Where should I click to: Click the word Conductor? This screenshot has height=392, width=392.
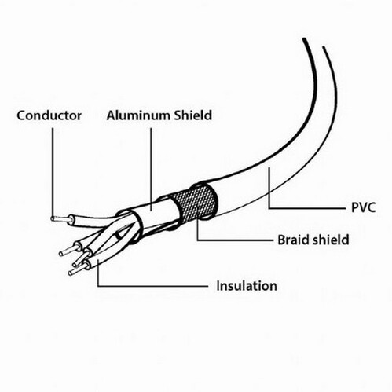click(x=49, y=115)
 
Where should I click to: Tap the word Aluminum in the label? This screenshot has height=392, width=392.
click(x=139, y=115)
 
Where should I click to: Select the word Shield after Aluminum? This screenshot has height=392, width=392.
click(x=193, y=115)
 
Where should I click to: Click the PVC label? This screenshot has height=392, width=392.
click(x=363, y=207)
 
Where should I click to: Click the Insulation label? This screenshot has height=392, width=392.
click(x=247, y=286)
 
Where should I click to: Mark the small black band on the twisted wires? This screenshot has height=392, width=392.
click(x=119, y=236)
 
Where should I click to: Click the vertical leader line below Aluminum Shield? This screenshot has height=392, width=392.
click(x=151, y=169)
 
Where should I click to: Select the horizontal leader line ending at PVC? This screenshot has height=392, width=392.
click(x=307, y=208)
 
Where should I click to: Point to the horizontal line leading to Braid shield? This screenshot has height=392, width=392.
click(x=235, y=240)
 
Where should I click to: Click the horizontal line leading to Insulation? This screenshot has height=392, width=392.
click(x=153, y=286)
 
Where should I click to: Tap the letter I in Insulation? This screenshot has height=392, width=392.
click(x=218, y=285)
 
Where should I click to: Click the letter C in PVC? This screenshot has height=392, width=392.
click(x=371, y=207)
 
